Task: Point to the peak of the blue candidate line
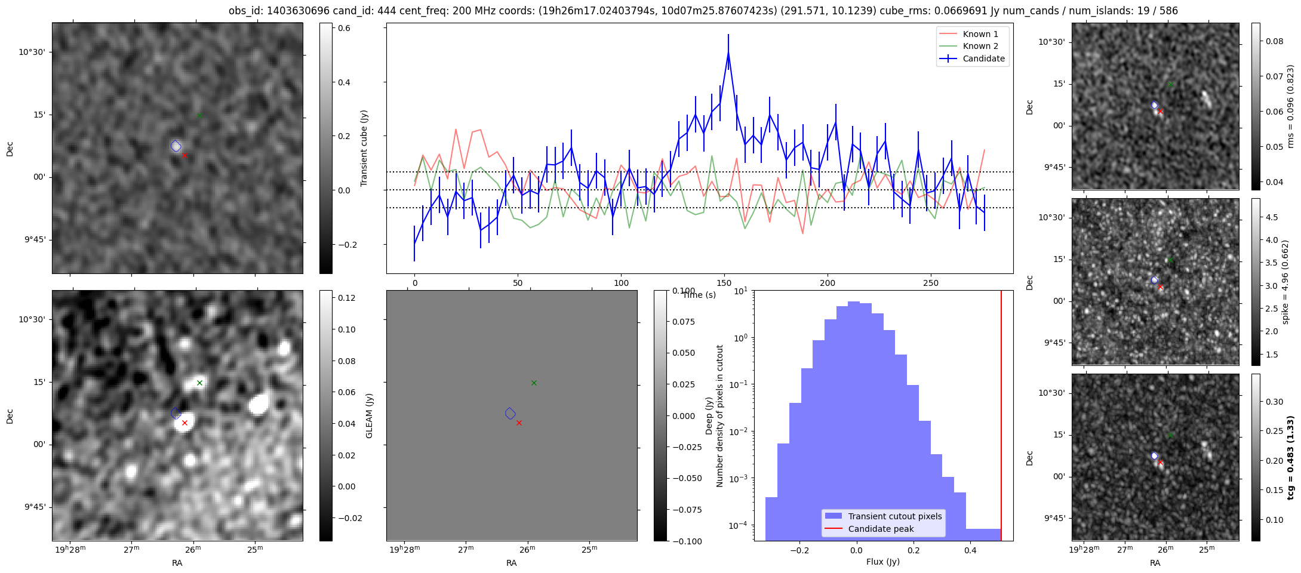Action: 728,53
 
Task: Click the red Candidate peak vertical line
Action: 1001,415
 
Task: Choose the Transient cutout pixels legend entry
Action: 883,516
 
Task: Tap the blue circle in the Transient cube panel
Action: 176,146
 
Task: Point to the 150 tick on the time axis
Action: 724,283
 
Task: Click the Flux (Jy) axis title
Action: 882,562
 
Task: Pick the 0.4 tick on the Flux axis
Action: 970,550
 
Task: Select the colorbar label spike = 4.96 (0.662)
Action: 1285,282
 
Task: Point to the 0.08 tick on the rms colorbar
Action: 1274,41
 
